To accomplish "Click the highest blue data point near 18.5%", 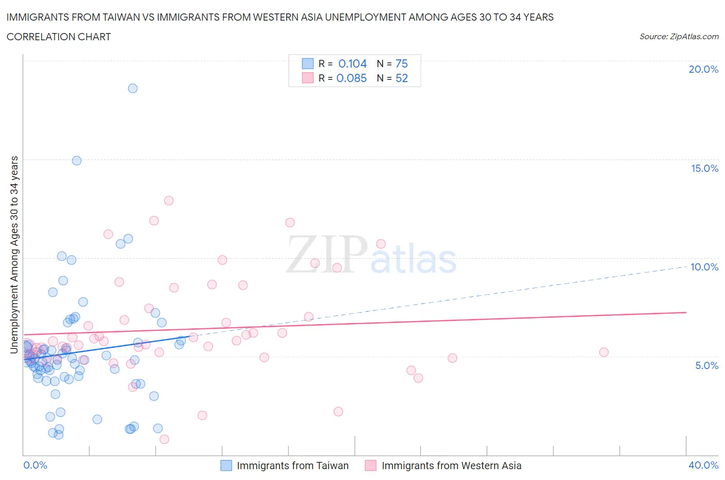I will coord(133,88).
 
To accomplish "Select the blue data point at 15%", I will coord(76,161).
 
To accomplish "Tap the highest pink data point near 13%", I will coord(169,201).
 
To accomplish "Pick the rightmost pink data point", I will coord(604,353).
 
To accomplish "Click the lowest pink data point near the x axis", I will coord(164,439).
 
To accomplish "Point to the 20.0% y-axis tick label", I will coord(703,69).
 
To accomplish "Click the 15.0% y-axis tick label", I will coord(704,168).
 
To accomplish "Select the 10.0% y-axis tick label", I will coord(704,267).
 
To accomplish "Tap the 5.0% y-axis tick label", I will coord(706,365).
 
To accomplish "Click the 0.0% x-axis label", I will coord(35,465).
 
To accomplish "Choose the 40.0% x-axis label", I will coord(703,465).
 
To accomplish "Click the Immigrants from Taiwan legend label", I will coord(292,466).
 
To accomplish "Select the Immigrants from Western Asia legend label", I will coord(451,466).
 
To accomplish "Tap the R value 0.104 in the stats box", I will coord(352,63).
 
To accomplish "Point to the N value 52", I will coord(402,78).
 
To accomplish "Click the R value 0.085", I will coord(352,78).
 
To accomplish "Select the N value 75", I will coord(402,63).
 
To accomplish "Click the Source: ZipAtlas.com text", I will coord(679,36).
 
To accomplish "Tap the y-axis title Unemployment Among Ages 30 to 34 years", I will coord(14,254).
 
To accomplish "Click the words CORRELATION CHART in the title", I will coord(59,37).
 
